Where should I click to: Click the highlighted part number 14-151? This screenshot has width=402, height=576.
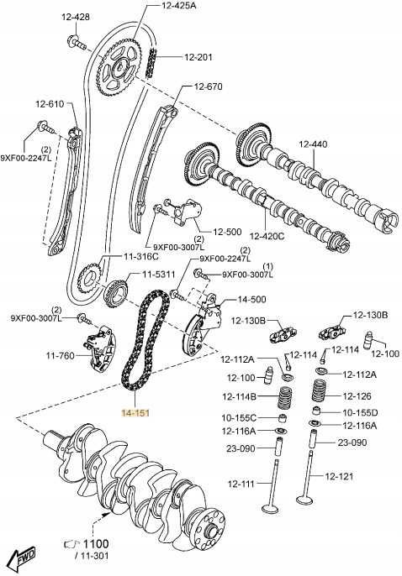135,413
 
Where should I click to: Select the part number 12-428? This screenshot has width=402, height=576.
76,18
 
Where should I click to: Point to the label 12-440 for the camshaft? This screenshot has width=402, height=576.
313,144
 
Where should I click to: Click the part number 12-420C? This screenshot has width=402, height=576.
267,236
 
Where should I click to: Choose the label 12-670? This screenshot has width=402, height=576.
209,86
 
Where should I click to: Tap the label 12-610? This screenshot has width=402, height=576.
50,104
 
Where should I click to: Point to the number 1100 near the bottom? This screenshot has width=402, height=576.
96,544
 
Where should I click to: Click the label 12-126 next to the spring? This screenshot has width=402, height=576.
357,396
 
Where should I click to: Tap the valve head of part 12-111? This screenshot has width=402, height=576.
272,509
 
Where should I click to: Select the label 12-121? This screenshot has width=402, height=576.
339,476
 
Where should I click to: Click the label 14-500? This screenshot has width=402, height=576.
251,300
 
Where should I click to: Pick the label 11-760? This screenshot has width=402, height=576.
61,356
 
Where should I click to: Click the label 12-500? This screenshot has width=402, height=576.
227,232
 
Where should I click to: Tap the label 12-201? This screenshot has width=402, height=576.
198,57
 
